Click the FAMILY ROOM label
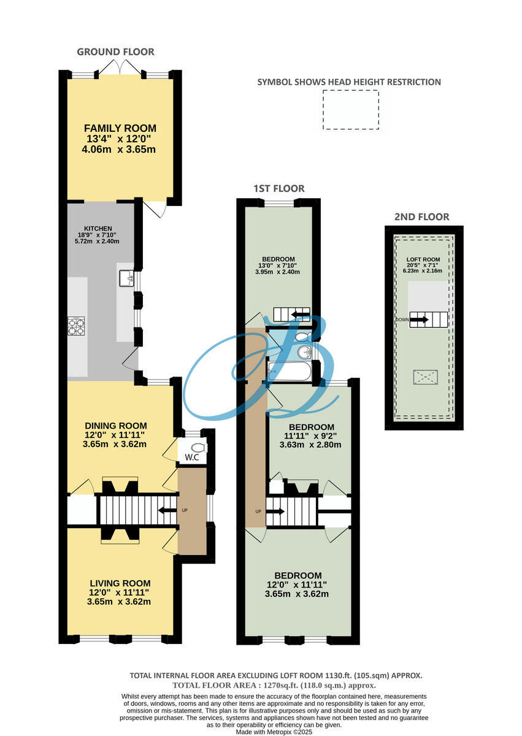(x=120, y=128)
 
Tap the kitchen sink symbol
(x=127, y=279)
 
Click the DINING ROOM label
(x=116, y=426)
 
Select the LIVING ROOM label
(x=120, y=583)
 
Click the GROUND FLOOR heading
(x=115, y=52)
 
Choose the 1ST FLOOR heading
(x=280, y=188)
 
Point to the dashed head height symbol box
(x=351, y=110)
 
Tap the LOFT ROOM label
(x=423, y=259)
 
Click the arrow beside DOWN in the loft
(x=420, y=320)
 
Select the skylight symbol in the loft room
(x=425, y=377)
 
